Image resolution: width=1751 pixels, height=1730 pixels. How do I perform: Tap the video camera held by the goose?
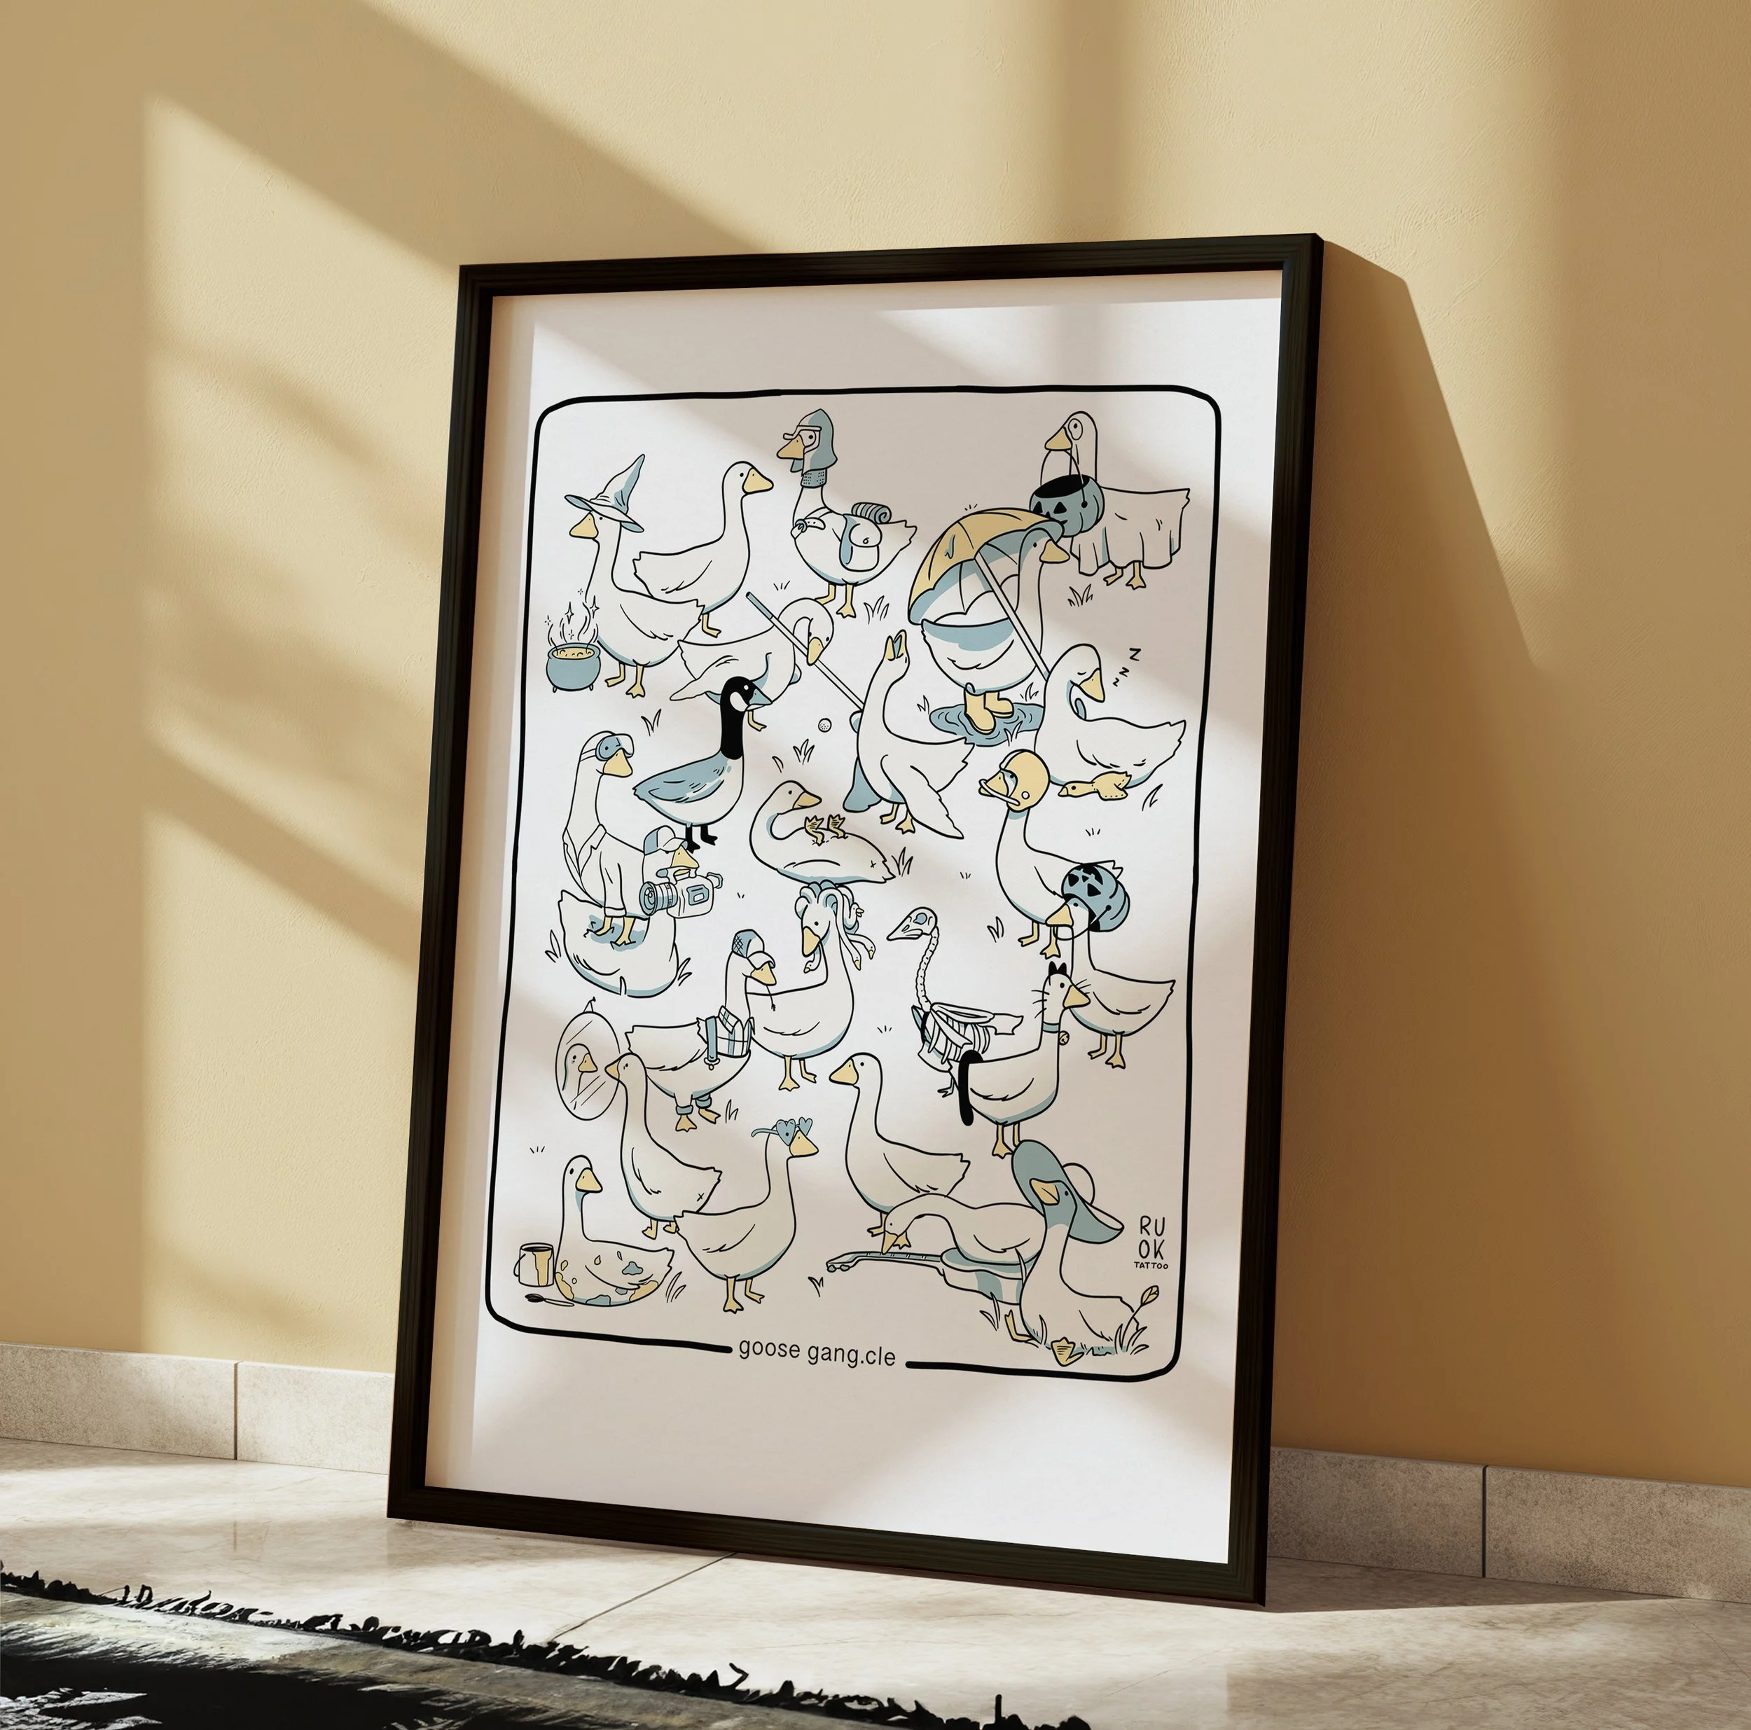[x=679, y=890]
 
